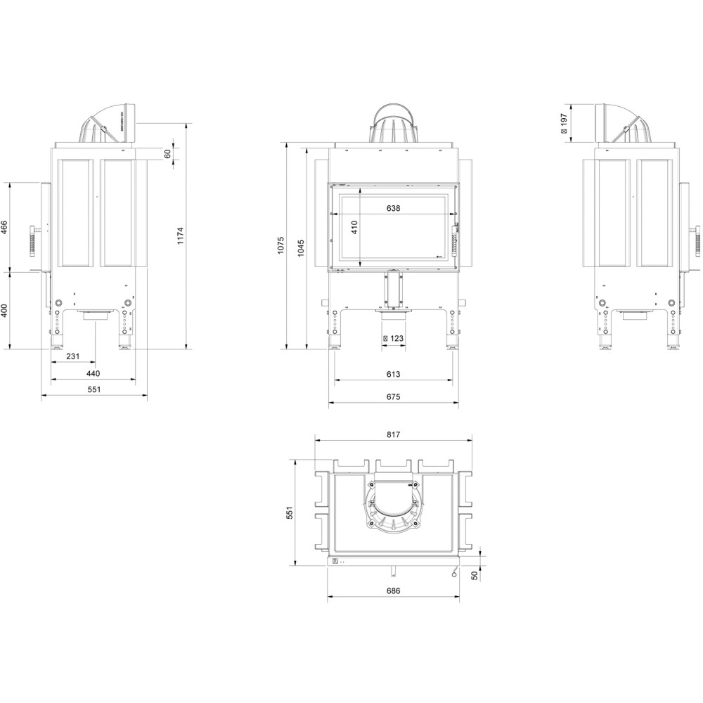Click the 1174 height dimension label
pyautogui.click(x=180, y=236)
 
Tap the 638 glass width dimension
pyautogui.click(x=393, y=208)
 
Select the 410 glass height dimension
pyautogui.click(x=354, y=228)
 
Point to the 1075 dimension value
pyautogui.click(x=280, y=245)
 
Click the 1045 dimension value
pyautogui.click(x=301, y=248)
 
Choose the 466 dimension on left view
pyautogui.click(x=4, y=227)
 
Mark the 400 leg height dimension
pyautogui.click(x=4, y=310)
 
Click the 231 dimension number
pyautogui.click(x=72, y=356)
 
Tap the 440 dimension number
pyautogui.click(x=93, y=373)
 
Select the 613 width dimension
pyautogui.click(x=393, y=374)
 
